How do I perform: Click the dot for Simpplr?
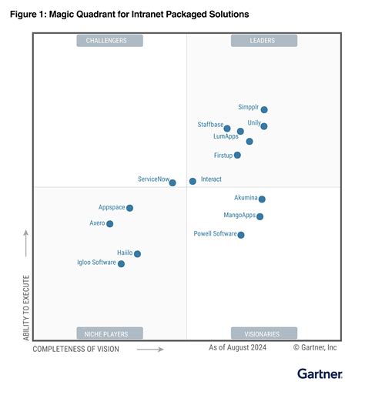[x=264, y=110]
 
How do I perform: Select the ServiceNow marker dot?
[x=172, y=182]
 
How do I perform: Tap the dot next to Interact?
[x=193, y=182]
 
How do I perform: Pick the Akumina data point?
[x=262, y=199]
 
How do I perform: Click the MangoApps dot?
[x=260, y=216]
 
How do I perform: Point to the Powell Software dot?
[x=241, y=235]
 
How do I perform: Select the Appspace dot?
[x=129, y=208]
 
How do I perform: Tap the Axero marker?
[x=110, y=224]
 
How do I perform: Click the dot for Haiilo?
[x=137, y=253]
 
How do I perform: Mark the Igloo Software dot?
[x=121, y=264]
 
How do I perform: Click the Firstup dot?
[x=237, y=156]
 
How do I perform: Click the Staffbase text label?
[x=209, y=124]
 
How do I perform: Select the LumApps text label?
[x=226, y=136]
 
